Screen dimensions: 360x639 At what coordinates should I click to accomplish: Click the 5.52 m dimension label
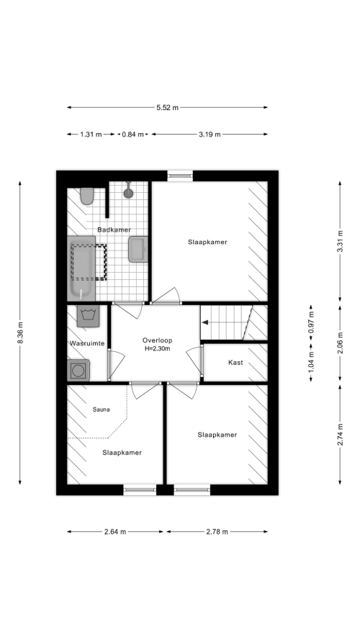click(167, 108)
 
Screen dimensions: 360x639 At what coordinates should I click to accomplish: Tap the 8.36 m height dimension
click(20, 332)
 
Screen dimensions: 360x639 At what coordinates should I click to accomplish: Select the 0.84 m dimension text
click(132, 134)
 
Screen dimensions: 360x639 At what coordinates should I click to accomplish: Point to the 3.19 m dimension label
click(210, 134)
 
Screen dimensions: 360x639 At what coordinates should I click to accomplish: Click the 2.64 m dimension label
click(115, 531)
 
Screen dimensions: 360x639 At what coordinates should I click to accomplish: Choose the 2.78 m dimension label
click(217, 531)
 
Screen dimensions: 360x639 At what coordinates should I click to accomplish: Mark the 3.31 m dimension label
click(340, 241)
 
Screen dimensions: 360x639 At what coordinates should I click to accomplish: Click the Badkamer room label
click(114, 230)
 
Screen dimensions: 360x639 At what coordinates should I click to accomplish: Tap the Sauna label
click(101, 409)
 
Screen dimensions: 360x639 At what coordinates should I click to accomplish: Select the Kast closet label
click(235, 362)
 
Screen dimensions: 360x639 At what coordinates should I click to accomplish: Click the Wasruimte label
click(87, 343)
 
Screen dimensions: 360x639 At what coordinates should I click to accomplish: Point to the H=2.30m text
click(157, 349)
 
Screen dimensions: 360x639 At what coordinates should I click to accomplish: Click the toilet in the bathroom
click(87, 196)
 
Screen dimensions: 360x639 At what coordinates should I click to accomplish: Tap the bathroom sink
click(138, 249)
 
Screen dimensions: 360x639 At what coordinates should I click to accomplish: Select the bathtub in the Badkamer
click(81, 268)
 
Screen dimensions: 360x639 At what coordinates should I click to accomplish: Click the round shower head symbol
click(128, 193)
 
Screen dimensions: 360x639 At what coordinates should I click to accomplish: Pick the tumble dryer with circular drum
click(78, 370)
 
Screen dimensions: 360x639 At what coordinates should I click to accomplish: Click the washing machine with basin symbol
click(88, 316)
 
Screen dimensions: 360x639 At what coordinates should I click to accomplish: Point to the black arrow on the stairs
click(205, 322)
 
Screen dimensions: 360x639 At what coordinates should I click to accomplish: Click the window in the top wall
click(180, 176)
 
